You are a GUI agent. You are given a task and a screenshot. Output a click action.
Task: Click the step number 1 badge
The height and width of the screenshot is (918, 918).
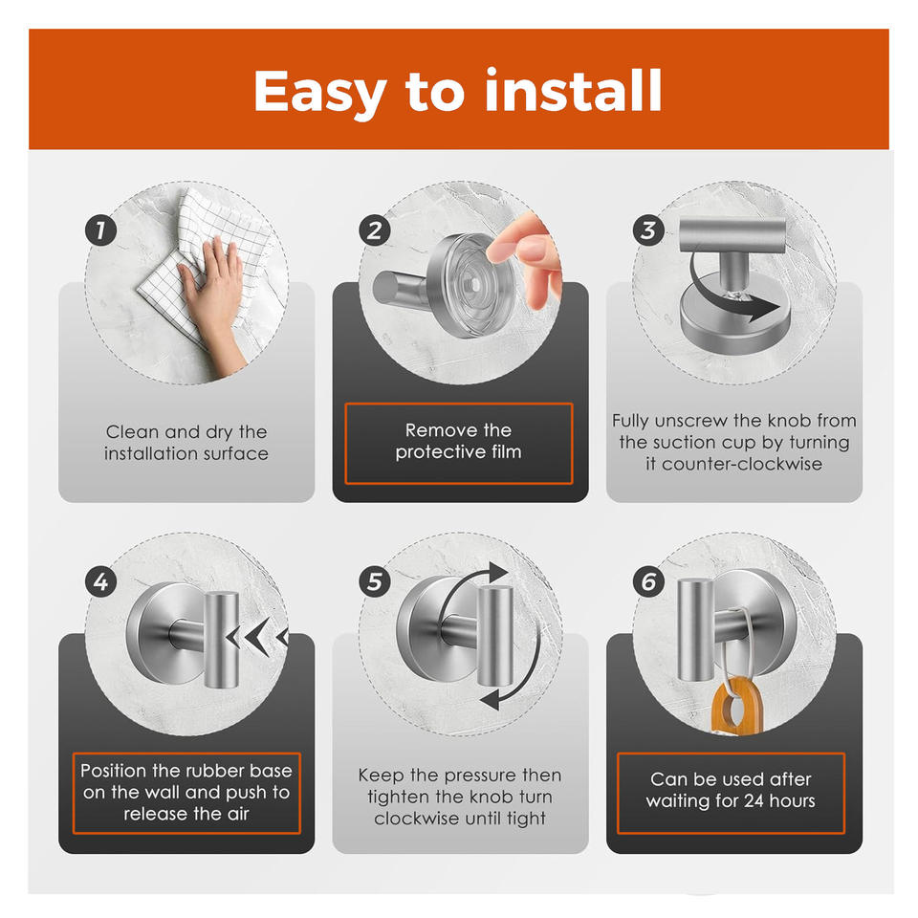[x=100, y=230]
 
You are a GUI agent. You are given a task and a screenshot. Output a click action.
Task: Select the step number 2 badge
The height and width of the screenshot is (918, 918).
[x=375, y=230]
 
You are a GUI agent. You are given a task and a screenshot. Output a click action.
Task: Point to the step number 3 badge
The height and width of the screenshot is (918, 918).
[x=648, y=230]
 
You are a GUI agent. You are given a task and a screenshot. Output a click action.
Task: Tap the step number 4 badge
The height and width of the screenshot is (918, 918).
[x=100, y=582]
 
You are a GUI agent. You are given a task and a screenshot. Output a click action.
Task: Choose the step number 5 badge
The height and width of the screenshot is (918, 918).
[x=375, y=582]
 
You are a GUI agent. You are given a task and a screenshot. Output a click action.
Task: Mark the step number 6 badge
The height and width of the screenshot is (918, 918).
[x=648, y=582]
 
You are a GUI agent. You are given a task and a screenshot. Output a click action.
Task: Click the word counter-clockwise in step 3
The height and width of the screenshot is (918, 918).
[x=742, y=465]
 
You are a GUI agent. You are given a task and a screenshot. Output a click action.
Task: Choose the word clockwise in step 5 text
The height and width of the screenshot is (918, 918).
[x=408, y=818]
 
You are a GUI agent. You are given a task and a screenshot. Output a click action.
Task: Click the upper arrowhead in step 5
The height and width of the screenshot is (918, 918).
[x=497, y=573]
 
